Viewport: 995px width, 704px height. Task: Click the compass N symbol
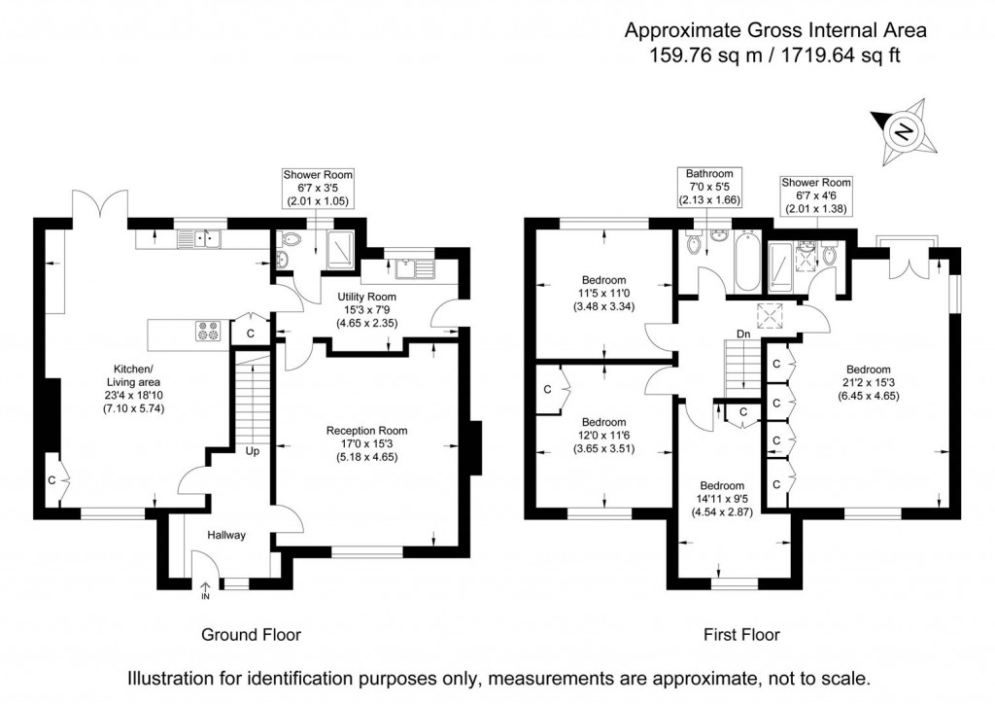coord(905,132)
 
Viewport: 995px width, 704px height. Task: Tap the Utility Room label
coord(366,297)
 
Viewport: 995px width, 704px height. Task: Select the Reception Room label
coord(366,431)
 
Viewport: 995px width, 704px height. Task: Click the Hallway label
coord(226,535)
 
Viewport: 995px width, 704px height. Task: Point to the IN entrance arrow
coord(206,591)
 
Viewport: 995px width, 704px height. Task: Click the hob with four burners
coord(208,331)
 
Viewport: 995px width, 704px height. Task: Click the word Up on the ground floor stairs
coord(253,451)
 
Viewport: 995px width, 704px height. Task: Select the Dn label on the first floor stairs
coord(743,334)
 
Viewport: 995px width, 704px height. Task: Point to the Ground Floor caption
coord(252,634)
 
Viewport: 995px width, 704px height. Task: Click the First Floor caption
coord(741,634)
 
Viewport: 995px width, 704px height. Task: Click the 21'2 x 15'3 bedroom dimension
coord(868,382)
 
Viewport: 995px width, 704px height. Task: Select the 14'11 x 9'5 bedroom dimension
coord(722,499)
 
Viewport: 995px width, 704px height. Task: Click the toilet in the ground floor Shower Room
coord(292,240)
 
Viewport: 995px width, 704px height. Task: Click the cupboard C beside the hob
coord(251,332)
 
